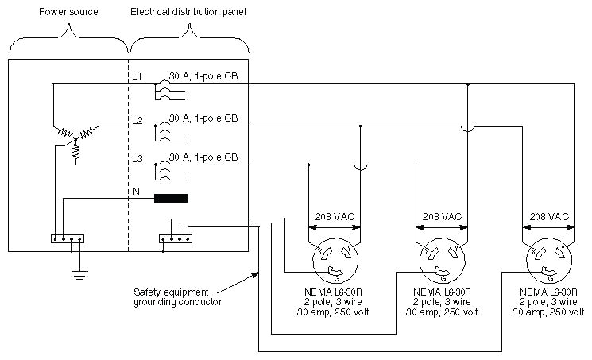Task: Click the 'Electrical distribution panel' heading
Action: coord(188,13)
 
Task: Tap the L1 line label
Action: coord(137,77)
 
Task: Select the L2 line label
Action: coord(137,120)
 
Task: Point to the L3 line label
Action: coord(137,159)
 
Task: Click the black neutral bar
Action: coord(171,199)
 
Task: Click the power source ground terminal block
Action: coord(67,238)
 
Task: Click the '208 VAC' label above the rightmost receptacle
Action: coord(548,215)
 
